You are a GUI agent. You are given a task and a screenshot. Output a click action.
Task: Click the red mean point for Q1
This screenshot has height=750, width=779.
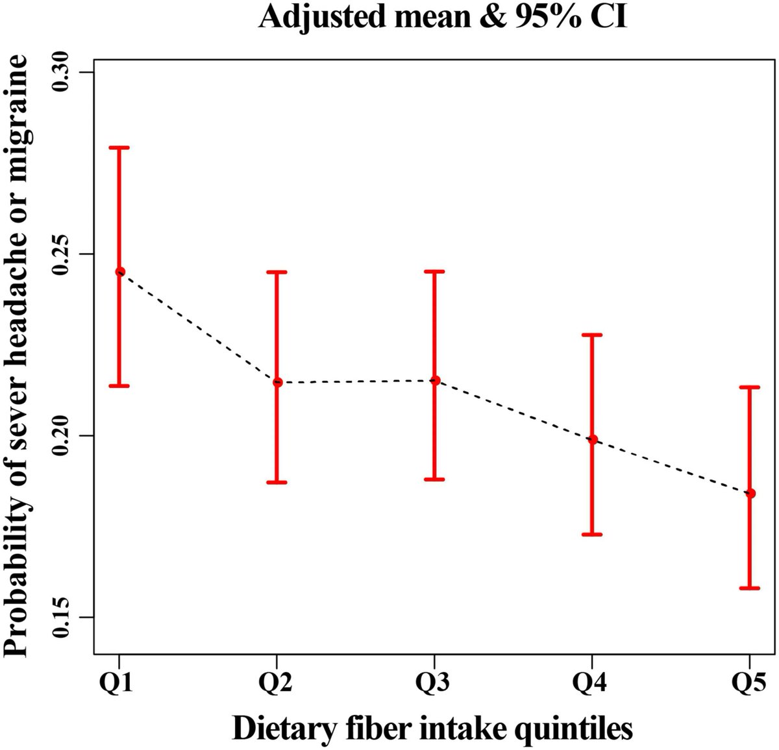119,272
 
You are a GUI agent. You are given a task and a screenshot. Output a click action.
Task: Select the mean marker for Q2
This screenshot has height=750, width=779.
277,382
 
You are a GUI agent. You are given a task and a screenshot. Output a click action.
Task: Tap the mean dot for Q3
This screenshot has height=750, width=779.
435,380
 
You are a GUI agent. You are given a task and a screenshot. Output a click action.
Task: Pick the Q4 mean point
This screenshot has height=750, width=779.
592,439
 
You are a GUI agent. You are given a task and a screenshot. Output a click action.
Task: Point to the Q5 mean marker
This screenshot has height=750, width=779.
750,494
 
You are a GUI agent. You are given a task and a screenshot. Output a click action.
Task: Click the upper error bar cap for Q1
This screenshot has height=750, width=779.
119,148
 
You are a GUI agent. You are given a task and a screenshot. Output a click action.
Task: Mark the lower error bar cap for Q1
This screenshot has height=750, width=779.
119,385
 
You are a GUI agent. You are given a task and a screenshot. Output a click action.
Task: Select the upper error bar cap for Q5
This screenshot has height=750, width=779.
750,387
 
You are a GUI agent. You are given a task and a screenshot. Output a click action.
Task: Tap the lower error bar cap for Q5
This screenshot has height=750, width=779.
750,588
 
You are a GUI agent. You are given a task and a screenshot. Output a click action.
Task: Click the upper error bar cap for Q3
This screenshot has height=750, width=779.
435,271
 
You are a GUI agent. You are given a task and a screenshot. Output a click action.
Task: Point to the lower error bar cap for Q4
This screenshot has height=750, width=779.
592,534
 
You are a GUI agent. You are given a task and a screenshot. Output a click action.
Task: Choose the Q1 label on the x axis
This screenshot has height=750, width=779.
119,683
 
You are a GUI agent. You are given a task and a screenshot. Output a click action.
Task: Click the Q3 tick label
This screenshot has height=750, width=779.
434,683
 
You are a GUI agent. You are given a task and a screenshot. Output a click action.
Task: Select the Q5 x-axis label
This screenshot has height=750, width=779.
750,683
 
